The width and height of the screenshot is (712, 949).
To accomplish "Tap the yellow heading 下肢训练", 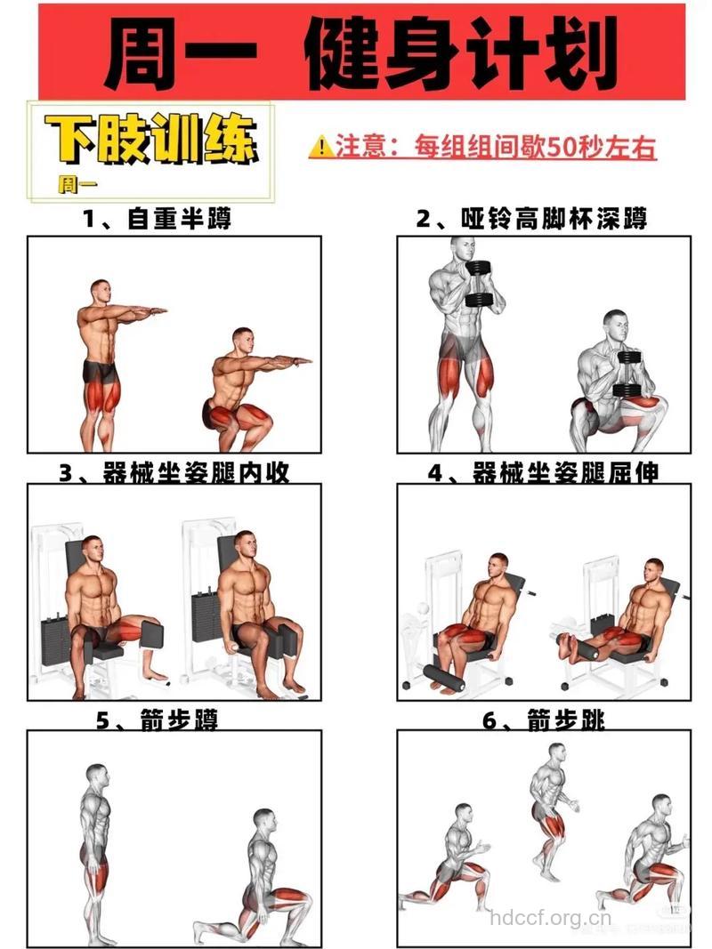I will [152, 140].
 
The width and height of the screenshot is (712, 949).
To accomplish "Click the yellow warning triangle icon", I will [320, 147].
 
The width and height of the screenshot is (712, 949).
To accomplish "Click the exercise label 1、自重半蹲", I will [158, 218].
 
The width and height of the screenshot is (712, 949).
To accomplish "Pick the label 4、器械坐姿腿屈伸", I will [543, 473].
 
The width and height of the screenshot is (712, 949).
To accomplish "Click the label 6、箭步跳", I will [543, 720].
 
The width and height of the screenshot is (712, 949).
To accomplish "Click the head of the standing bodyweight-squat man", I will [101, 292].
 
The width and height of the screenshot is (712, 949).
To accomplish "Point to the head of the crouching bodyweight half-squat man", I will [242, 340].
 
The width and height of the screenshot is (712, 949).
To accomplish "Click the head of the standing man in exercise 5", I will [97, 775].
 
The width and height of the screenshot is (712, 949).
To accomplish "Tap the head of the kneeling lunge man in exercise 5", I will [263, 820].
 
